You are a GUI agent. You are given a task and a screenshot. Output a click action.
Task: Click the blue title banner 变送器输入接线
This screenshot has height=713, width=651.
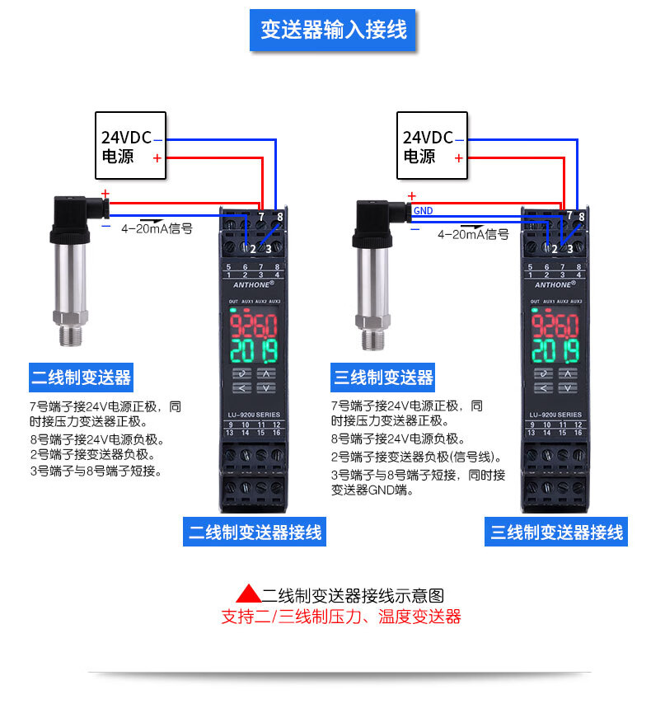[x=332, y=30]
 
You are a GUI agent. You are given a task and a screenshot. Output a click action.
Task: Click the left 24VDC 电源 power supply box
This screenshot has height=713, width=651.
[x=130, y=146]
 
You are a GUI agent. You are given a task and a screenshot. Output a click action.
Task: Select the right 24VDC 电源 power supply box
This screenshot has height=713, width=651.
[x=432, y=146]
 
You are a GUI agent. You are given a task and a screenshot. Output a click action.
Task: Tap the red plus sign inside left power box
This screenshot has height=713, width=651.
[x=157, y=158]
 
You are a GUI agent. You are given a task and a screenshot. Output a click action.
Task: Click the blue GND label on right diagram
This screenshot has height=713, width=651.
[x=423, y=210]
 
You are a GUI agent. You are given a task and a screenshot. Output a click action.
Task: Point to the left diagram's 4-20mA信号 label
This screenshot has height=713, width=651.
[x=157, y=228]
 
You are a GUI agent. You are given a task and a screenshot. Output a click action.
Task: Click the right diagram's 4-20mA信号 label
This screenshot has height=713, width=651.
[x=473, y=234]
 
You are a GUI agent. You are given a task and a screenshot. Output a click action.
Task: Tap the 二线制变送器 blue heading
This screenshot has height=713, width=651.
[x=81, y=378]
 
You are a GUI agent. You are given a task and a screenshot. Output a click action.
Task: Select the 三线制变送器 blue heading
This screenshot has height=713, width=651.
[x=383, y=378]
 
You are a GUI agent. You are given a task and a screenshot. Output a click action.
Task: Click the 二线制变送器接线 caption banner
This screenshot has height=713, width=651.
[x=255, y=532]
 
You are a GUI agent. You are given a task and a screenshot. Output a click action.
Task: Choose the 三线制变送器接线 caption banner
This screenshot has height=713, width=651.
[x=556, y=532]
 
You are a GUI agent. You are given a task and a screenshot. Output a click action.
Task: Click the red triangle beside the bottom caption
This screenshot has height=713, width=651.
[x=248, y=593]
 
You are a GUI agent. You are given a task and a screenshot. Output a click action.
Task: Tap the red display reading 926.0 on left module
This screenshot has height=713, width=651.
[x=253, y=325]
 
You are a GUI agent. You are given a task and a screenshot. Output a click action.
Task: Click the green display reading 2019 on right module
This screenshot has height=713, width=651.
[x=555, y=351]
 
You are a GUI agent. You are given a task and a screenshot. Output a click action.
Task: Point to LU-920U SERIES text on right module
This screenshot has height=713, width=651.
[x=555, y=415]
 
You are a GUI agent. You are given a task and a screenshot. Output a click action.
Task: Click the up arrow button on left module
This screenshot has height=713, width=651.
[x=266, y=373]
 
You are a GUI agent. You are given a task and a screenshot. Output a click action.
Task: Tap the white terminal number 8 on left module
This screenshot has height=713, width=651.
[x=280, y=217]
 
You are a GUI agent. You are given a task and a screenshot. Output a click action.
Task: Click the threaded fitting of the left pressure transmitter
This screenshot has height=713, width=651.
[x=71, y=335]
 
